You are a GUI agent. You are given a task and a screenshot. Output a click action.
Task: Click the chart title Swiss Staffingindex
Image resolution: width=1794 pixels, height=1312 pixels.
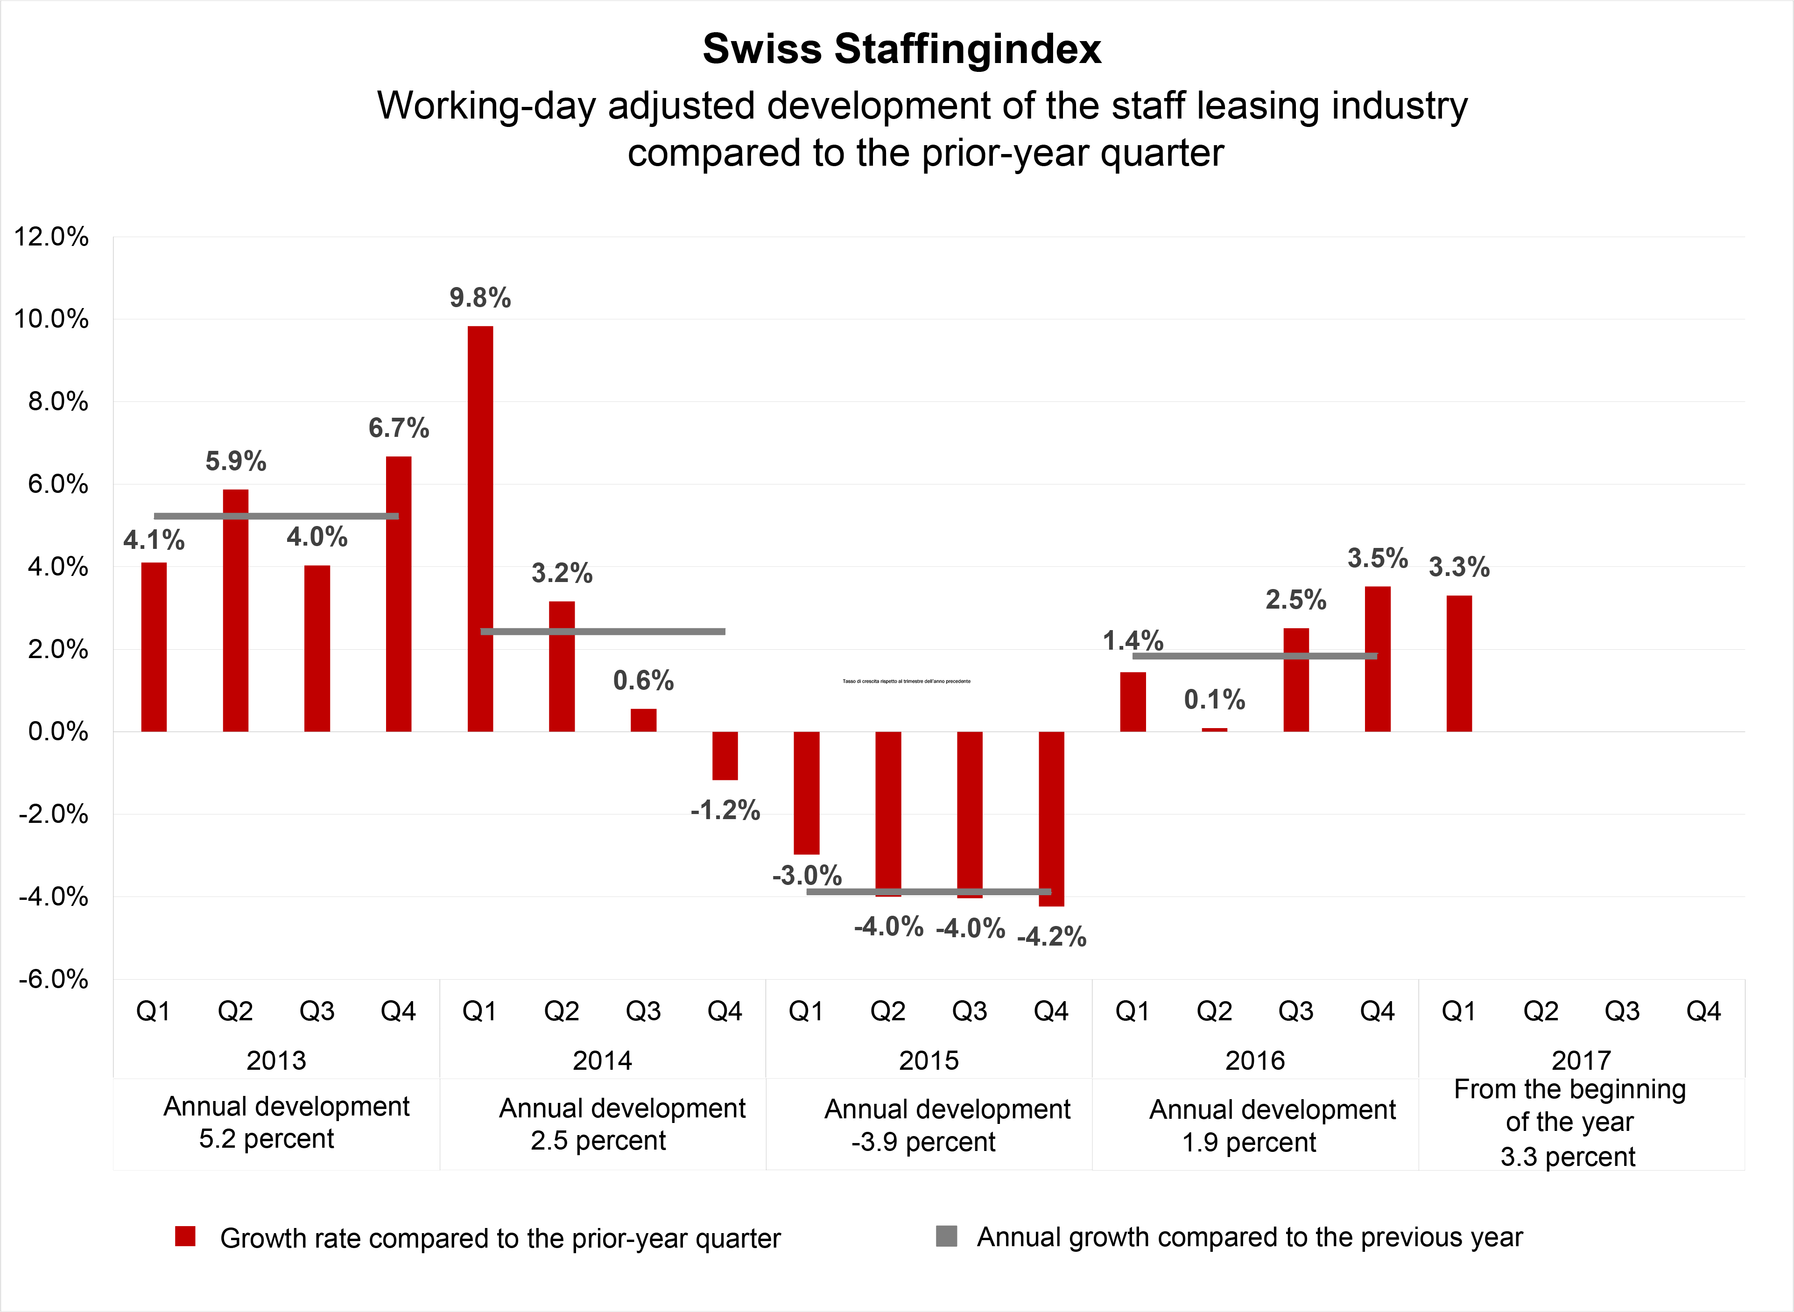[901, 49]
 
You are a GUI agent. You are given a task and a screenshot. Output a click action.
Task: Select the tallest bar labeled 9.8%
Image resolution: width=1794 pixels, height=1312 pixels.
[480, 528]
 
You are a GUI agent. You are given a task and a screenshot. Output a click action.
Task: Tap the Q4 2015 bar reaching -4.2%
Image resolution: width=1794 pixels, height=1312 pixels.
[1051, 818]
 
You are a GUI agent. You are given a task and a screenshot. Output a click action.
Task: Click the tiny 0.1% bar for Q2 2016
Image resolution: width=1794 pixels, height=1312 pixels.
[1214, 729]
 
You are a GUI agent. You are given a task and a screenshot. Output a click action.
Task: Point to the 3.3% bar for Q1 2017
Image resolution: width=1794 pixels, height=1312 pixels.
[1459, 663]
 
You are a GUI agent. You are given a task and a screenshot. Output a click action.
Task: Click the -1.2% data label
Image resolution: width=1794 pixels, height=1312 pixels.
[724, 811]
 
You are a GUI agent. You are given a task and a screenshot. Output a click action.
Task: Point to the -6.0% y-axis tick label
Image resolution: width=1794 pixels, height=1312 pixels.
[52, 979]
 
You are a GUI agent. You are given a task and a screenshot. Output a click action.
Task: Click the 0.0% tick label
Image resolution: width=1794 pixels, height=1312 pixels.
[57, 731]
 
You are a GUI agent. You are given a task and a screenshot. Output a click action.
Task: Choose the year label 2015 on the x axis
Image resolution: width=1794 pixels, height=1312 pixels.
[929, 1061]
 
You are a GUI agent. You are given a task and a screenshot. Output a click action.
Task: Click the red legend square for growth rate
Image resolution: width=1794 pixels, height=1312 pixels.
[185, 1236]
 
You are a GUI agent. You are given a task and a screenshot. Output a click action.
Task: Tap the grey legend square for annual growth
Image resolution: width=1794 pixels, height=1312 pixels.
[946, 1236]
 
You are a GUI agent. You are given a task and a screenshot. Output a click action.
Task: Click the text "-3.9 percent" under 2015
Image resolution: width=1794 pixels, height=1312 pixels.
[923, 1142]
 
